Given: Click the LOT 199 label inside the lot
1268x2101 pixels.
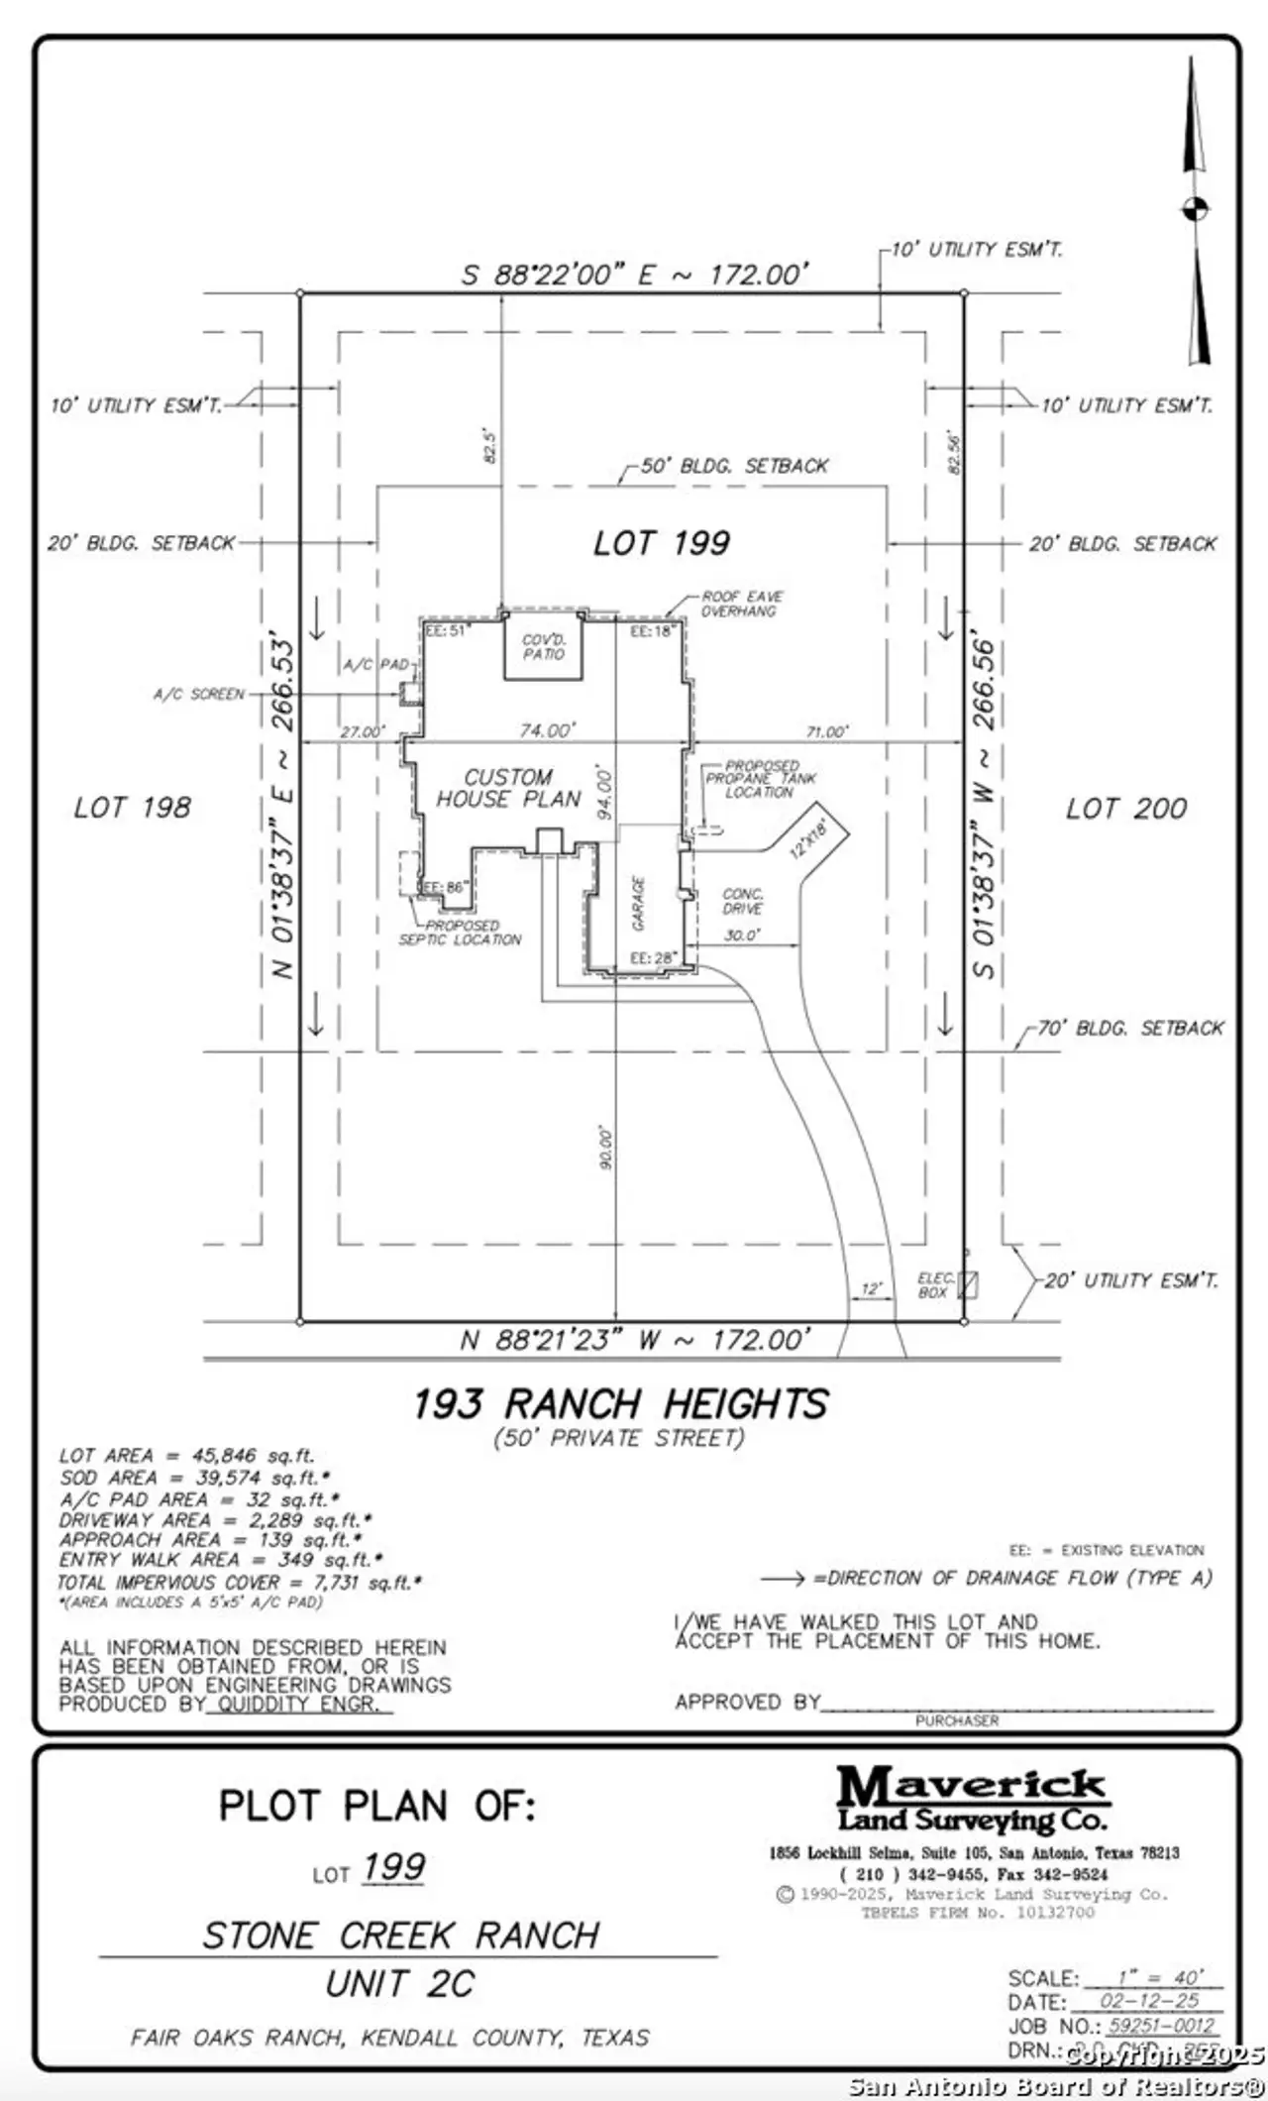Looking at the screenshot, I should point(661,543).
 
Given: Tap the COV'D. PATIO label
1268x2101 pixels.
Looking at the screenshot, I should point(543,647).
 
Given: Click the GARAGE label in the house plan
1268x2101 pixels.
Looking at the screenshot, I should point(639,902).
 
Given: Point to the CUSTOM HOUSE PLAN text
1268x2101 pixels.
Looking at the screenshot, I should point(508,789).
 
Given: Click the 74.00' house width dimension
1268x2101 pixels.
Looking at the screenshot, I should point(547,730).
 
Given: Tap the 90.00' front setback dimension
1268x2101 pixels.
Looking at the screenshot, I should point(606,1147).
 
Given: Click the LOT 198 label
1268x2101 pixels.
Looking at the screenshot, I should point(132,808).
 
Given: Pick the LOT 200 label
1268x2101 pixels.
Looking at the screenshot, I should point(1125,809).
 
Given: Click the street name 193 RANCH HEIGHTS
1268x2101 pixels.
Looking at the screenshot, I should point(620,1404).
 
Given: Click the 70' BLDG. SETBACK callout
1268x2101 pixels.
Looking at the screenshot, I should point(1130,1028).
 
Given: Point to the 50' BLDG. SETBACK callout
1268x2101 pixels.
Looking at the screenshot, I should point(734,466).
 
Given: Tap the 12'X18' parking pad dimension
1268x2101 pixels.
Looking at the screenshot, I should point(807,833).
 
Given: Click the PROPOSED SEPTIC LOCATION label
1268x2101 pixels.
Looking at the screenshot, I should point(460,933).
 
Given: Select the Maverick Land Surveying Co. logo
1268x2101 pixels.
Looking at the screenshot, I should point(972,1799).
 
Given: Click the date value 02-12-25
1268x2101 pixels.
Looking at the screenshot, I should point(1149,2001).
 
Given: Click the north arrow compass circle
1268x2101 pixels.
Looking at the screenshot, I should point(1195,209).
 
